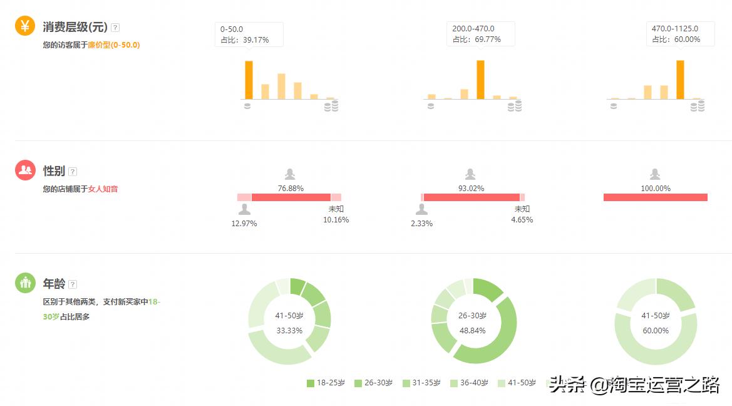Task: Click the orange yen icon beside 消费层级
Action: click(25, 26)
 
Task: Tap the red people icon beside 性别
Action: click(25, 170)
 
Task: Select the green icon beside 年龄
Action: click(25, 283)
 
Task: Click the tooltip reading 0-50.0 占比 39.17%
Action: click(249, 34)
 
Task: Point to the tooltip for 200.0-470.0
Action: click(480, 34)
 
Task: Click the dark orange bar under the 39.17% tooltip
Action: click(249, 80)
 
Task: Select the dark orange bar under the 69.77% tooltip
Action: click(480, 80)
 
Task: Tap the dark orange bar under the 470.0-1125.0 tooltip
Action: click(680, 80)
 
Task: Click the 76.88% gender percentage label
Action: click(291, 188)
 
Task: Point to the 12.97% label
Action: click(244, 224)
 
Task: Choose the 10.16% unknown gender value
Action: click(336, 220)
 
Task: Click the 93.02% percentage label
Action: click(471, 188)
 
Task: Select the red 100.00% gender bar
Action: click(655, 197)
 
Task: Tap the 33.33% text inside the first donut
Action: click(289, 330)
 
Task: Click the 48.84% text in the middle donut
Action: click(472, 330)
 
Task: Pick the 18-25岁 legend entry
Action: click(326, 383)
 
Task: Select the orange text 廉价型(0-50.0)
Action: click(113, 45)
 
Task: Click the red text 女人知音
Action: click(103, 189)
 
